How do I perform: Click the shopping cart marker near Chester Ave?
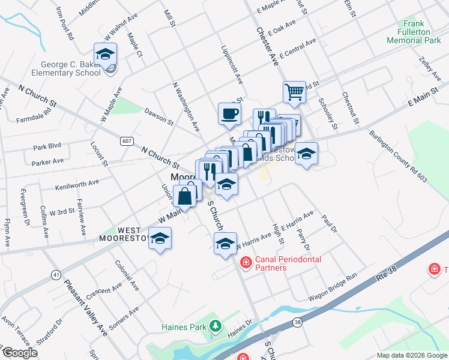(x=294, y=92)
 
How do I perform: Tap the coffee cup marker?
(x=229, y=113)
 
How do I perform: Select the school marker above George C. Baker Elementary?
(x=105, y=54)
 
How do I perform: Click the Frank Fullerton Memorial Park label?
(x=414, y=33)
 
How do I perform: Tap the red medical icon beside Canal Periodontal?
(x=246, y=263)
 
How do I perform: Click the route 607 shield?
(x=126, y=141)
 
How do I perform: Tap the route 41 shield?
(x=56, y=274)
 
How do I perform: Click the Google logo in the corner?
(x=20, y=353)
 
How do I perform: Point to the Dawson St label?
(x=159, y=116)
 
